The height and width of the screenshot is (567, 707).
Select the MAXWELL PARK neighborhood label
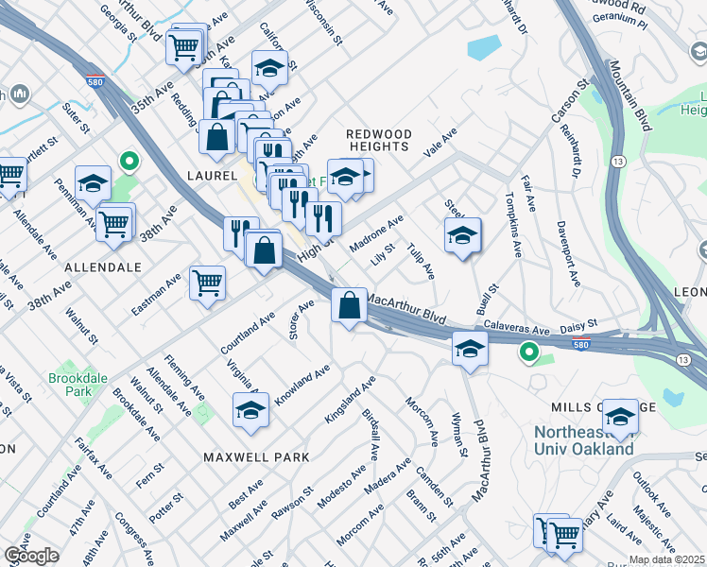tap(256, 457)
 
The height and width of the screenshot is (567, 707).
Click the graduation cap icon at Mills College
tap(620, 415)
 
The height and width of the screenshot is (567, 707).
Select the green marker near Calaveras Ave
tap(528, 353)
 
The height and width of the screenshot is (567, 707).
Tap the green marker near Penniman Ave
tap(126, 162)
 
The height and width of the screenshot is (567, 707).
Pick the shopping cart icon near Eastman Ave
tap(207, 282)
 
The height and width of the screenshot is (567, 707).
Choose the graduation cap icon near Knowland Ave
tap(250, 410)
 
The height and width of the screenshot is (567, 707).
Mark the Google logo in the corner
tap(31, 557)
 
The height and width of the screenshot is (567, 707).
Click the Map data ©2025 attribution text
tap(665, 559)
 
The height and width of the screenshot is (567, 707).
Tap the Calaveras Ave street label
tap(517, 330)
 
